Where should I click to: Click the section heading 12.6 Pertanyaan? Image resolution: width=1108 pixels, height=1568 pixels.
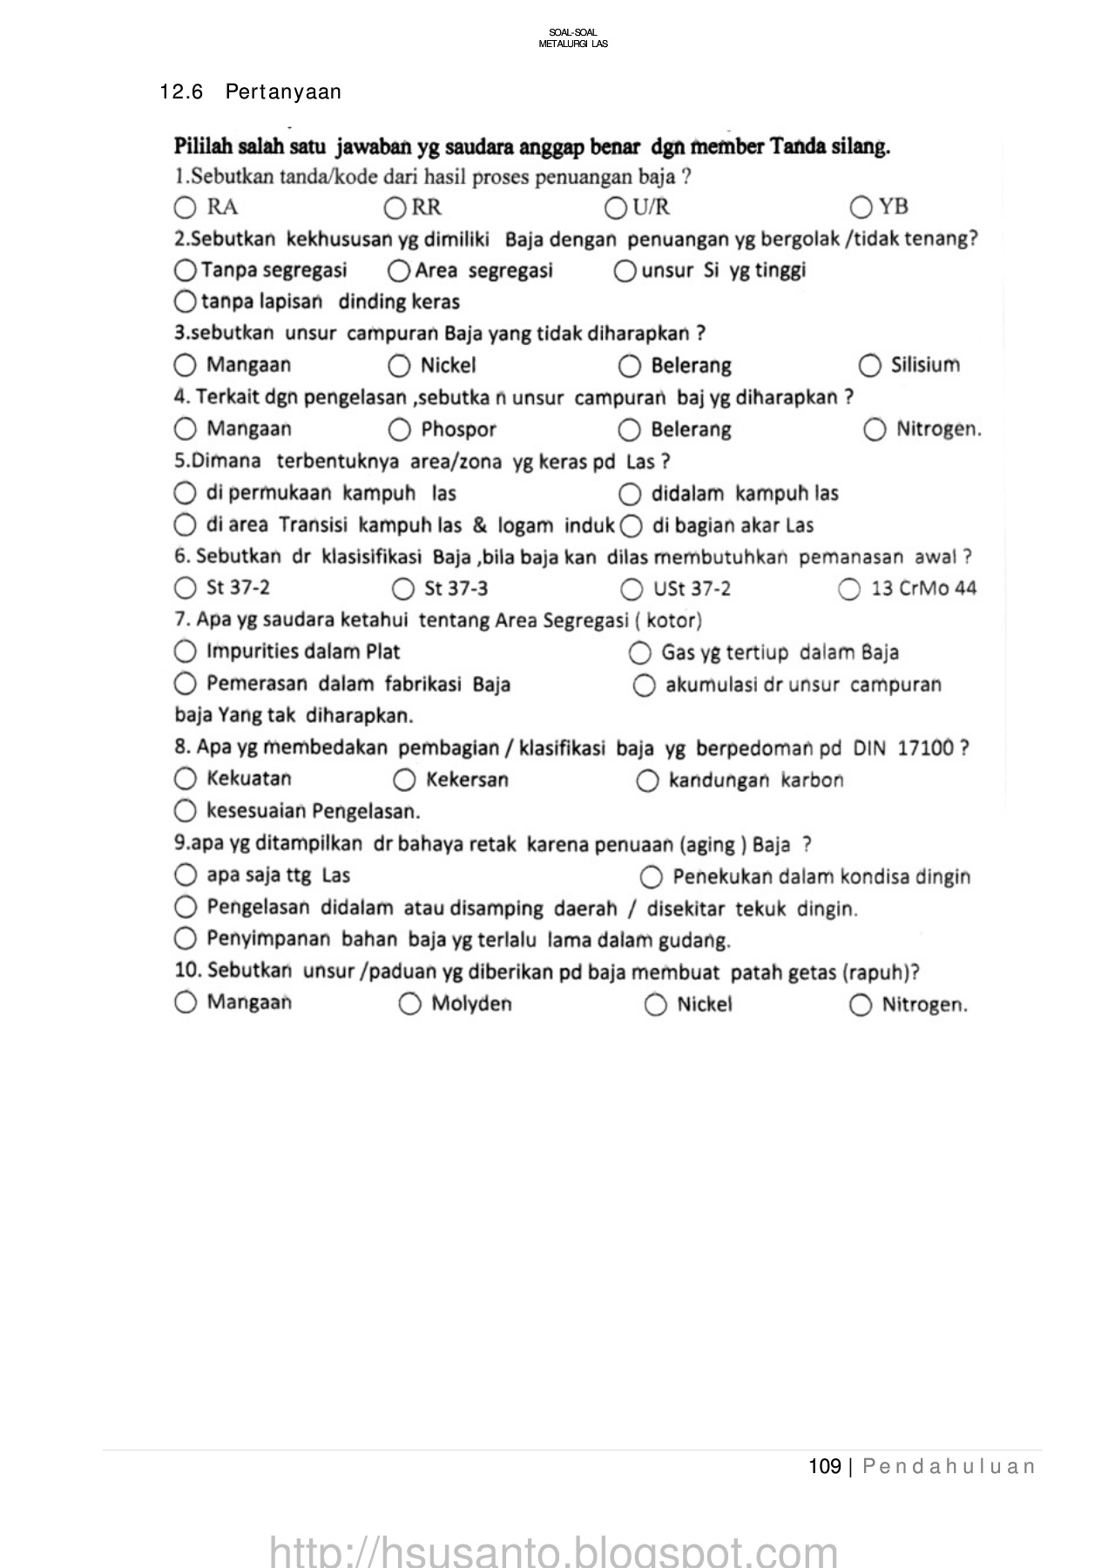click(x=251, y=92)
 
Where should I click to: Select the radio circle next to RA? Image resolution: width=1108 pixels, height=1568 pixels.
click(x=184, y=207)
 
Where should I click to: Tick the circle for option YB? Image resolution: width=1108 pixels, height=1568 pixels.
click(x=861, y=207)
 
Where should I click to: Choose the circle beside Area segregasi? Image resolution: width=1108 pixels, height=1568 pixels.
click(x=399, y=271)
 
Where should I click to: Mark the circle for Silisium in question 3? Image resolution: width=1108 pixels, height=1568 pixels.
click(x=869, y=365)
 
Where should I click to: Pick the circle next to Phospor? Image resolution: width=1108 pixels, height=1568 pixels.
click(x=399, y=429)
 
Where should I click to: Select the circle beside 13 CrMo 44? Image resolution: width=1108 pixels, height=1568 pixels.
click(x=849, y=590)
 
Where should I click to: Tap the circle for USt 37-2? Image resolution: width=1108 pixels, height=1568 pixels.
click(x=632, y=590)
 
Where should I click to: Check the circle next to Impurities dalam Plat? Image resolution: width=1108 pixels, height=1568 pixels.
click(x=185, y=652)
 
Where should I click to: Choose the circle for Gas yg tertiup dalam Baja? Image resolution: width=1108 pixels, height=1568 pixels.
click(x=639, y=652)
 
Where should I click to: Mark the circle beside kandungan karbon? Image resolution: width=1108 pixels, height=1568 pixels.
click(x=647, y=781)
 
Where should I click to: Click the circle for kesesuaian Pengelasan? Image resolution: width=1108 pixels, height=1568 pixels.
click(x=185, y=812)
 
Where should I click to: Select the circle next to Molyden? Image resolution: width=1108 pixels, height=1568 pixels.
click(x=409, y=1004)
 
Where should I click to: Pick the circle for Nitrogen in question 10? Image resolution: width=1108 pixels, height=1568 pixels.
click(x=860, y=1005)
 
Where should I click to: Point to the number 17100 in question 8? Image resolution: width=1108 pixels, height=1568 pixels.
click(x=926, y=748)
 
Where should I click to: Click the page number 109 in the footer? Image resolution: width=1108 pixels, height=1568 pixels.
click(x=824, y=1467)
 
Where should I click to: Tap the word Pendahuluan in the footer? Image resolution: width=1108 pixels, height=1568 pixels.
click(x=949, y=1467)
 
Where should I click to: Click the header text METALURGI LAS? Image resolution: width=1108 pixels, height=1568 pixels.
click(x=573, y=44)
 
